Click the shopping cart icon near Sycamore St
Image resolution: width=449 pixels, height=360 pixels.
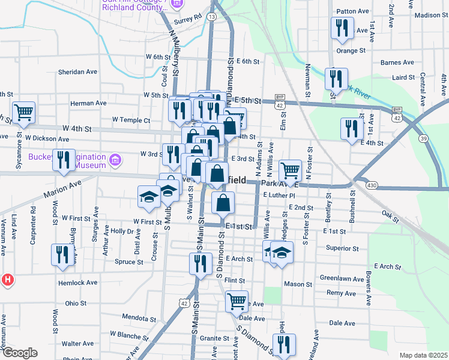[x=23, y=112]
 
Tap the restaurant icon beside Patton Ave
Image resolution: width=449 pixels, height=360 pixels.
[x=341, y=28]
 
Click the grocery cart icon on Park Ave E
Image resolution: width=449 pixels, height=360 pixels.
[x=290, y=170]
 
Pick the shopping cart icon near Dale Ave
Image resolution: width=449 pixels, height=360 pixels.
[x=237, y=300]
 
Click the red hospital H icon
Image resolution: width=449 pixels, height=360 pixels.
[x=7, y=279]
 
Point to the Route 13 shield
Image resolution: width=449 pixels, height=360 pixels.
[x=212, y=17]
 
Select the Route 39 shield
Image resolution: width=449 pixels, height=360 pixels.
[x=423, y=139]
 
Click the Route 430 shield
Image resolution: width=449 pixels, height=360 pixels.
[x=372, y=186]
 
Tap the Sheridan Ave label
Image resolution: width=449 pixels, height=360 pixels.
[x=77, y=71]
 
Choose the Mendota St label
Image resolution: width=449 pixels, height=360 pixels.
[x=139, y=317]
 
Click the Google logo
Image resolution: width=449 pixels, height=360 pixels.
[x=20, y=353]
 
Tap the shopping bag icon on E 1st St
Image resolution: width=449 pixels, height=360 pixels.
[x=222, y=203]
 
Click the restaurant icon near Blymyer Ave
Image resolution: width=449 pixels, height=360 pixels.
[x=62, y=254]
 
